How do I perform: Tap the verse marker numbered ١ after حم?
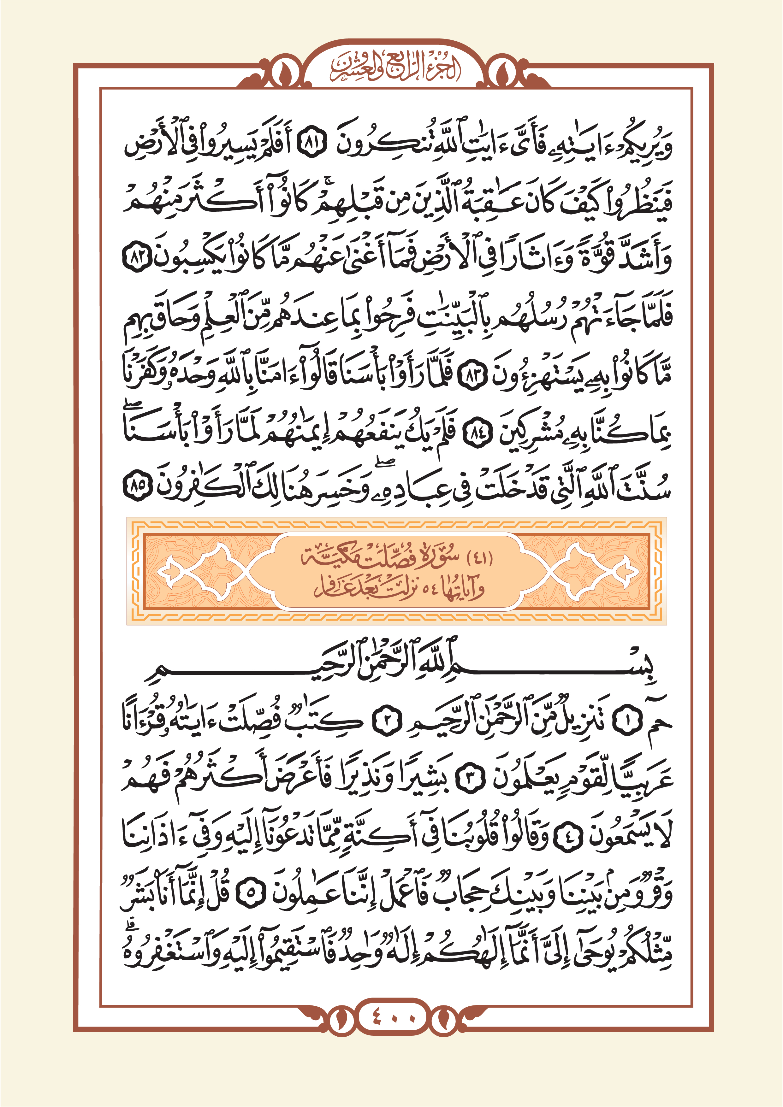click(x=628, y=722)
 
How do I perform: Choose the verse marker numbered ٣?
click(x=469, y=781)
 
